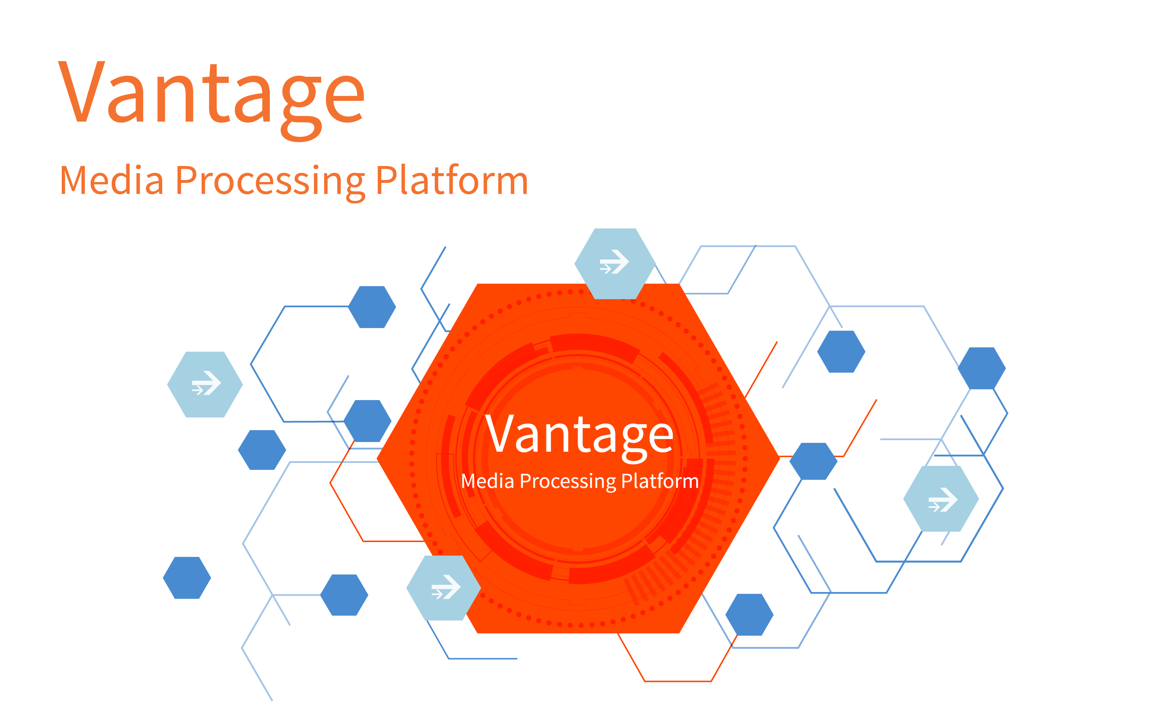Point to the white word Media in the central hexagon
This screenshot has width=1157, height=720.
point(488,481)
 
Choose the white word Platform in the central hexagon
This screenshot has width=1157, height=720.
point(660,481)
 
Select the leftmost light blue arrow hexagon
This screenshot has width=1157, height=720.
point(205,384)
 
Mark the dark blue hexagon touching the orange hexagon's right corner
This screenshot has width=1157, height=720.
point(813,461)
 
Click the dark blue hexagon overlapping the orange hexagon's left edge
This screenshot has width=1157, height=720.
point(367,421)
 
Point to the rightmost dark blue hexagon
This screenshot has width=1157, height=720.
point(982,368)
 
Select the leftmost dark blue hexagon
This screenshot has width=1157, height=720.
point(187,578)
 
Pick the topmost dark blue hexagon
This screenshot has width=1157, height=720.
point(372,307)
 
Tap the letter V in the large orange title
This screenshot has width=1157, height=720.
point(81,91)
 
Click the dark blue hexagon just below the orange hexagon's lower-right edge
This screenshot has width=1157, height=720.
point(749,615)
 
